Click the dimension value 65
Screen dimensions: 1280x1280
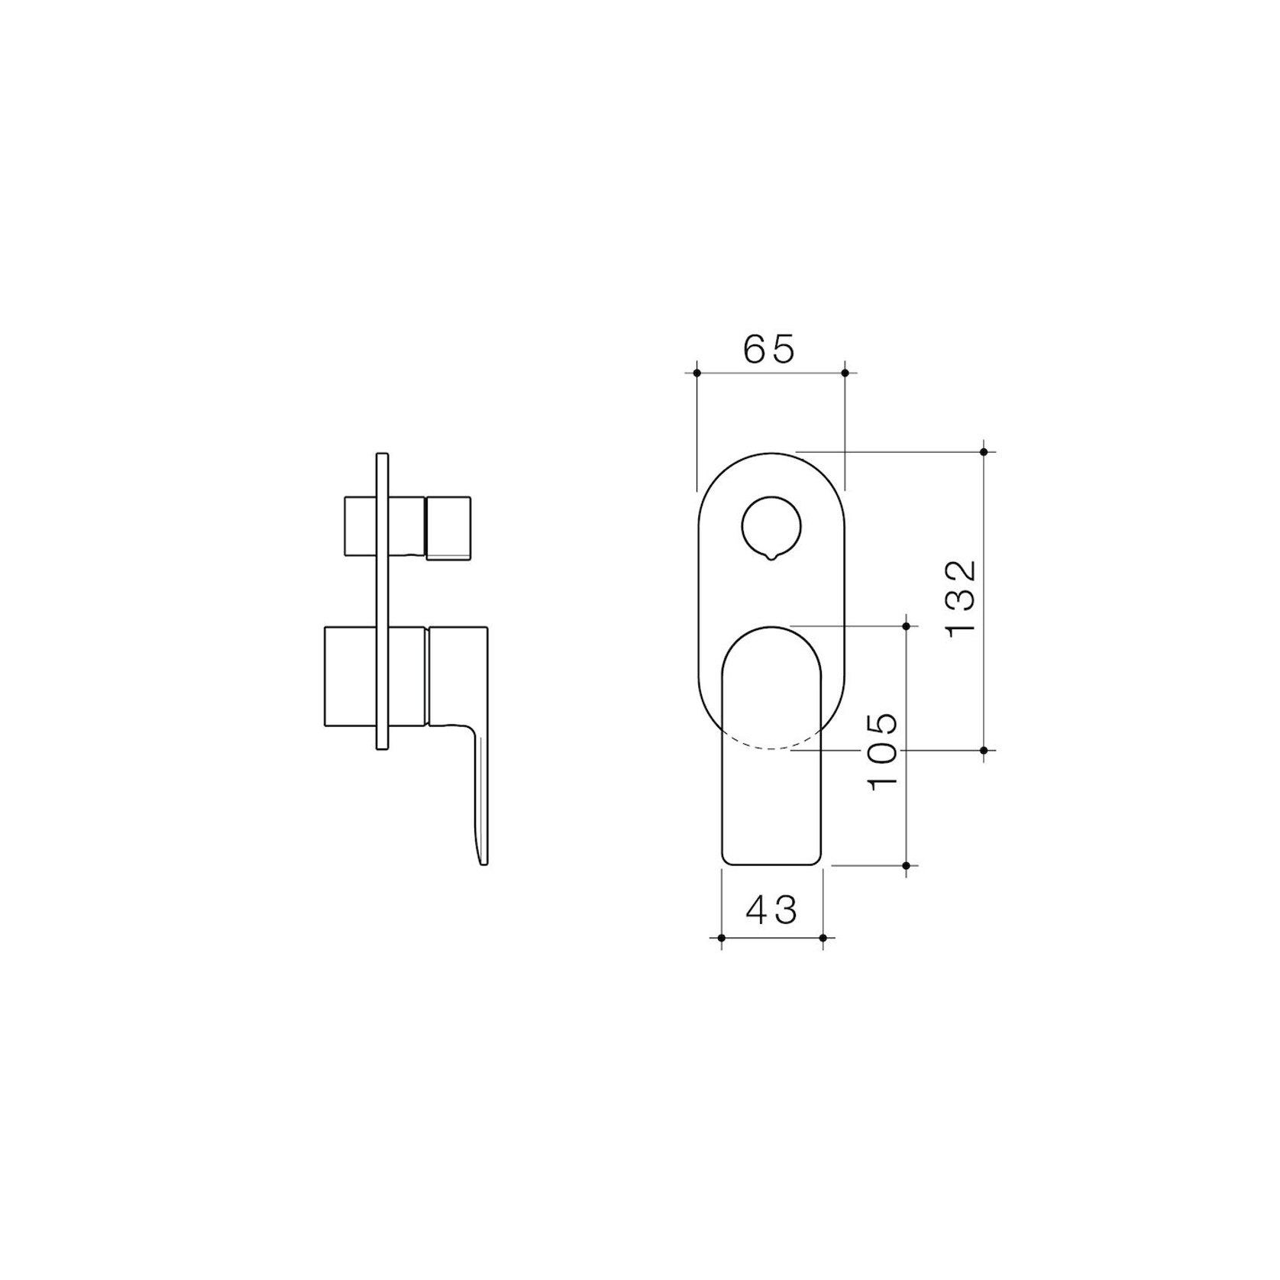pyautogui.click(x=770, y=348)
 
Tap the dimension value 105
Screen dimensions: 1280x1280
pyautogui.click(x=883, y=752)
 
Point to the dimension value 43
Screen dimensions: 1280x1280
pyautogui.click(x=771, y=910)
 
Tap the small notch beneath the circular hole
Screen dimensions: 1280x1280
pyautogui.click(x=771, y=558)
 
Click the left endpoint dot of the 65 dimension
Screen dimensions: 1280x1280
pyautogui.click(x=697, y=373)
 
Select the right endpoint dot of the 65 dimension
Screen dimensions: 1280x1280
pyautogui.click(x=845, y=373)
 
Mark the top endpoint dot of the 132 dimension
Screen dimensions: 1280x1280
pyautogui.click(x=984, y=452)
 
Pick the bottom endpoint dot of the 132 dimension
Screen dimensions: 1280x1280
pyautogui.click(x=984, y=751)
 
